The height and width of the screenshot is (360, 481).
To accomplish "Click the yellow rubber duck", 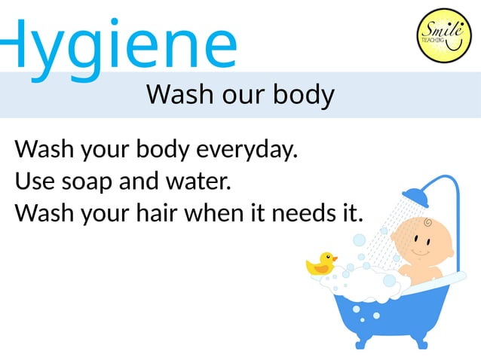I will coord(320,264).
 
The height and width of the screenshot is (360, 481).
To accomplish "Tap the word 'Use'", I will coord(32,182).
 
